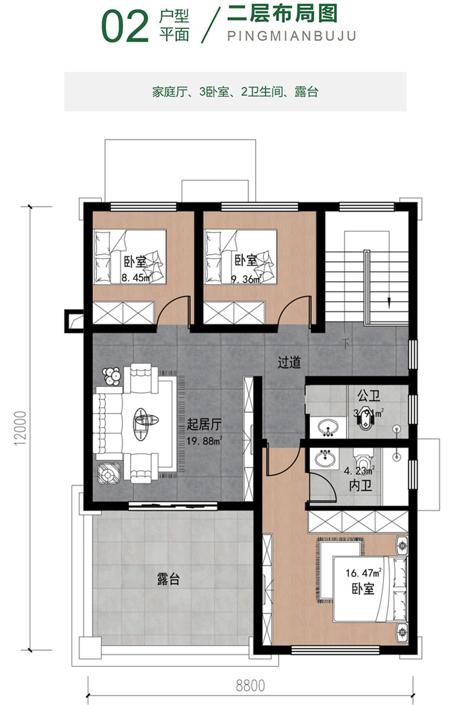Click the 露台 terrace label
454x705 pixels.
[168, 579]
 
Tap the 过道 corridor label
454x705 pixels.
[289, 362]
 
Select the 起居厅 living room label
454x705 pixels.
[204, 424]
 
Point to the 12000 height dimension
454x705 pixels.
[20, 428]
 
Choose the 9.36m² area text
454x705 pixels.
[247, 279]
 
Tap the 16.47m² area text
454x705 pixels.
[364, 573]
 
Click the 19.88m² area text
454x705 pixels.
[204, 441]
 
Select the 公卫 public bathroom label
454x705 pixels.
[369, 395]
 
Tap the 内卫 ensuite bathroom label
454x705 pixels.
[360, 486]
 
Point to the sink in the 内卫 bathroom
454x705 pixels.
[325, 458]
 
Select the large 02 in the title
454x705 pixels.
[125, 27]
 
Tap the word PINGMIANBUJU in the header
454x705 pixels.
[292, 36]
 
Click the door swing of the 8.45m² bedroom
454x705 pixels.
[173, 310]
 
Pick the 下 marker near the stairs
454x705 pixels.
[346, 344]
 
